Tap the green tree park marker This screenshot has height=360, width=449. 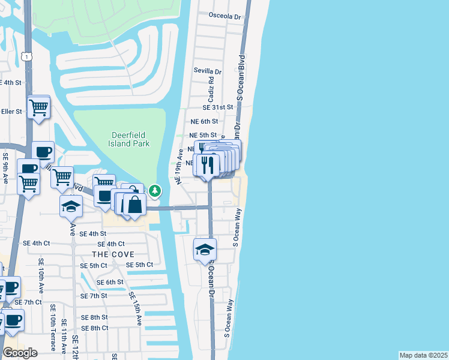click(x=155, y=191)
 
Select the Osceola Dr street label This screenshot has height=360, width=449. click(x=224, y=16)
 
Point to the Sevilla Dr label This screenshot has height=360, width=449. click(x=208, y=71)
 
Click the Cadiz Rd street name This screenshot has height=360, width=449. click(x=211, y=88)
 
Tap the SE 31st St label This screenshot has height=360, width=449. click(x=217, y=107)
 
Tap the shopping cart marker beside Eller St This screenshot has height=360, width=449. click(x=38, y=108)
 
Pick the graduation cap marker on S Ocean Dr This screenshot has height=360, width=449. click(x=205, y=249)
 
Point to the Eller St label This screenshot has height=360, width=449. click(x=11, y=112)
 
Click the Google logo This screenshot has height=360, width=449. click(x=20, y=353)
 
